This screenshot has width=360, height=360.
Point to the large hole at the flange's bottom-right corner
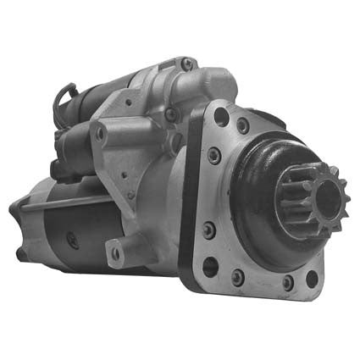[312, 277]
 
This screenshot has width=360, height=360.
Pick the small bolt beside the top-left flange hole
[243, 125]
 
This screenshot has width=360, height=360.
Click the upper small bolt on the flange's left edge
[214, 155]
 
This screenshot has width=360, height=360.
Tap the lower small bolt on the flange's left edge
[208, 230]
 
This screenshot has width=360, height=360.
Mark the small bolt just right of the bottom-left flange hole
[238, 275]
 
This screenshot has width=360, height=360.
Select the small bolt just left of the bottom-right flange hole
[288, 281]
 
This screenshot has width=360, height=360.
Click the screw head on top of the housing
[187, 63]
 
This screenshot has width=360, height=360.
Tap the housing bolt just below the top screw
[173, 114]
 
